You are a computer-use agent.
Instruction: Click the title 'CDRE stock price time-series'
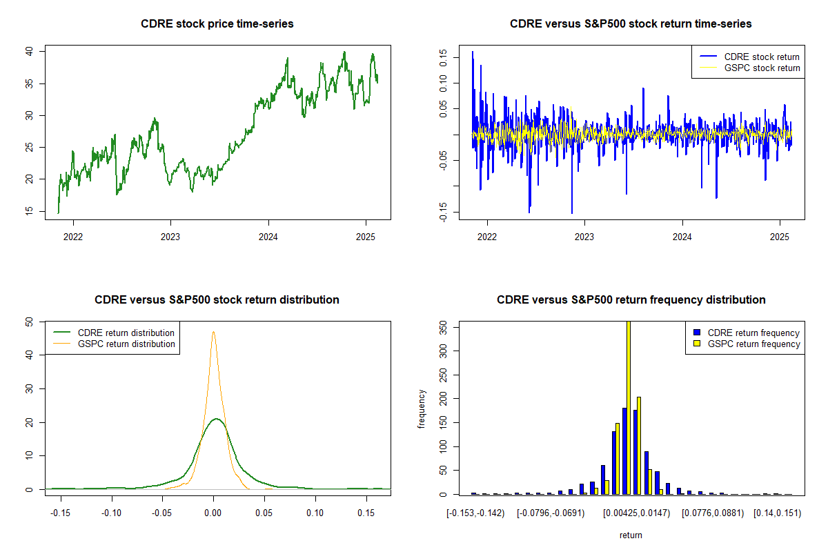217,24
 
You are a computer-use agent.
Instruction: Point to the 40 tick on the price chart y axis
29,51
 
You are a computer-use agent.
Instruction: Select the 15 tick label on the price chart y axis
29,212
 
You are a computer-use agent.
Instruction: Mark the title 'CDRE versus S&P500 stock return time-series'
631,24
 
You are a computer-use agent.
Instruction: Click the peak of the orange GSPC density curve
213,332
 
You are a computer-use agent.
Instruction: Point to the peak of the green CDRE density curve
215,419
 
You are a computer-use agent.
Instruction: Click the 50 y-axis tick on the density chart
29,322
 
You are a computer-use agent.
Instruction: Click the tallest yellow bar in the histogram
628,407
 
